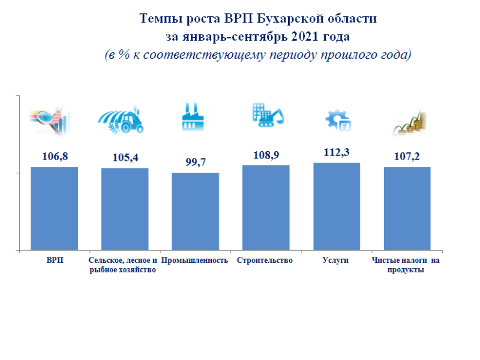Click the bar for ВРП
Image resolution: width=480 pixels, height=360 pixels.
click(55, 208)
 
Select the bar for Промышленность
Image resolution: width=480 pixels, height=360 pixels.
click(195, 211)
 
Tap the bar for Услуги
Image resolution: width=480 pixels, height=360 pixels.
click(336, 206)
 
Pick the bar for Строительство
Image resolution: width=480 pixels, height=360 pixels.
click(266, 208)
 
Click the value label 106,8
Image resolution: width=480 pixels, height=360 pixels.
click(55, 157)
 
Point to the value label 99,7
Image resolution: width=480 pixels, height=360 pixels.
click(195, 162)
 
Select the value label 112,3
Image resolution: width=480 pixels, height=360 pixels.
click(336, 152)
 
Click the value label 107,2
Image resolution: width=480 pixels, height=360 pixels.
click(407, 157)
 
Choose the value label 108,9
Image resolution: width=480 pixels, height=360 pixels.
click(266, 155)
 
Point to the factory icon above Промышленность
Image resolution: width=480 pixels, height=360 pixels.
click(193, 116)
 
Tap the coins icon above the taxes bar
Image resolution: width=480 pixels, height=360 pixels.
click(410, 122)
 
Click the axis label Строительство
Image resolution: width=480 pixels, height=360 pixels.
click(265, 260)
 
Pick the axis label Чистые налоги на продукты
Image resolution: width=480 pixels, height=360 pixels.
click(406, 265)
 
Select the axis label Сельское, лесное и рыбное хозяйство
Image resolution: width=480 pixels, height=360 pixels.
click(122, 265)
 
